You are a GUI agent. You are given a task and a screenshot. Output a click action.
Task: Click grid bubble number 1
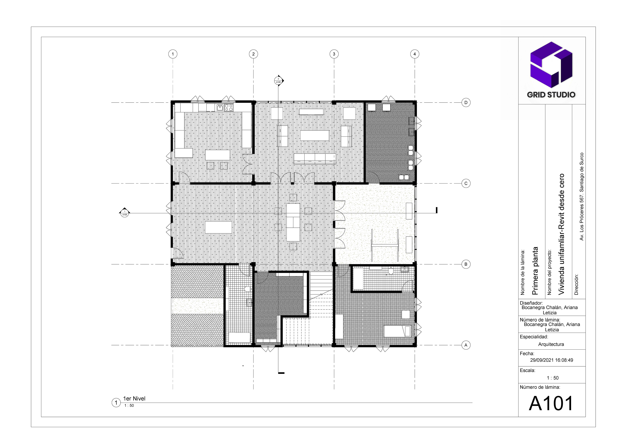coord(173,54)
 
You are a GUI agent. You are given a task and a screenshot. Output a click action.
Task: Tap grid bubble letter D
coord(466,103)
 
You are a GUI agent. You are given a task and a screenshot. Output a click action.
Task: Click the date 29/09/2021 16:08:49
coord(551,360)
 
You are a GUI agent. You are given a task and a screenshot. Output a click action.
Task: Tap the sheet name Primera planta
coord(535,271)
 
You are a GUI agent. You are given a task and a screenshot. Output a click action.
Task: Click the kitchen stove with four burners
coord(229,107)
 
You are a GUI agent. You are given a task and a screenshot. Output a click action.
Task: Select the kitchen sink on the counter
coord(220,107)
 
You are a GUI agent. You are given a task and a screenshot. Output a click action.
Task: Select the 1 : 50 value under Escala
coord(553,378)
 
